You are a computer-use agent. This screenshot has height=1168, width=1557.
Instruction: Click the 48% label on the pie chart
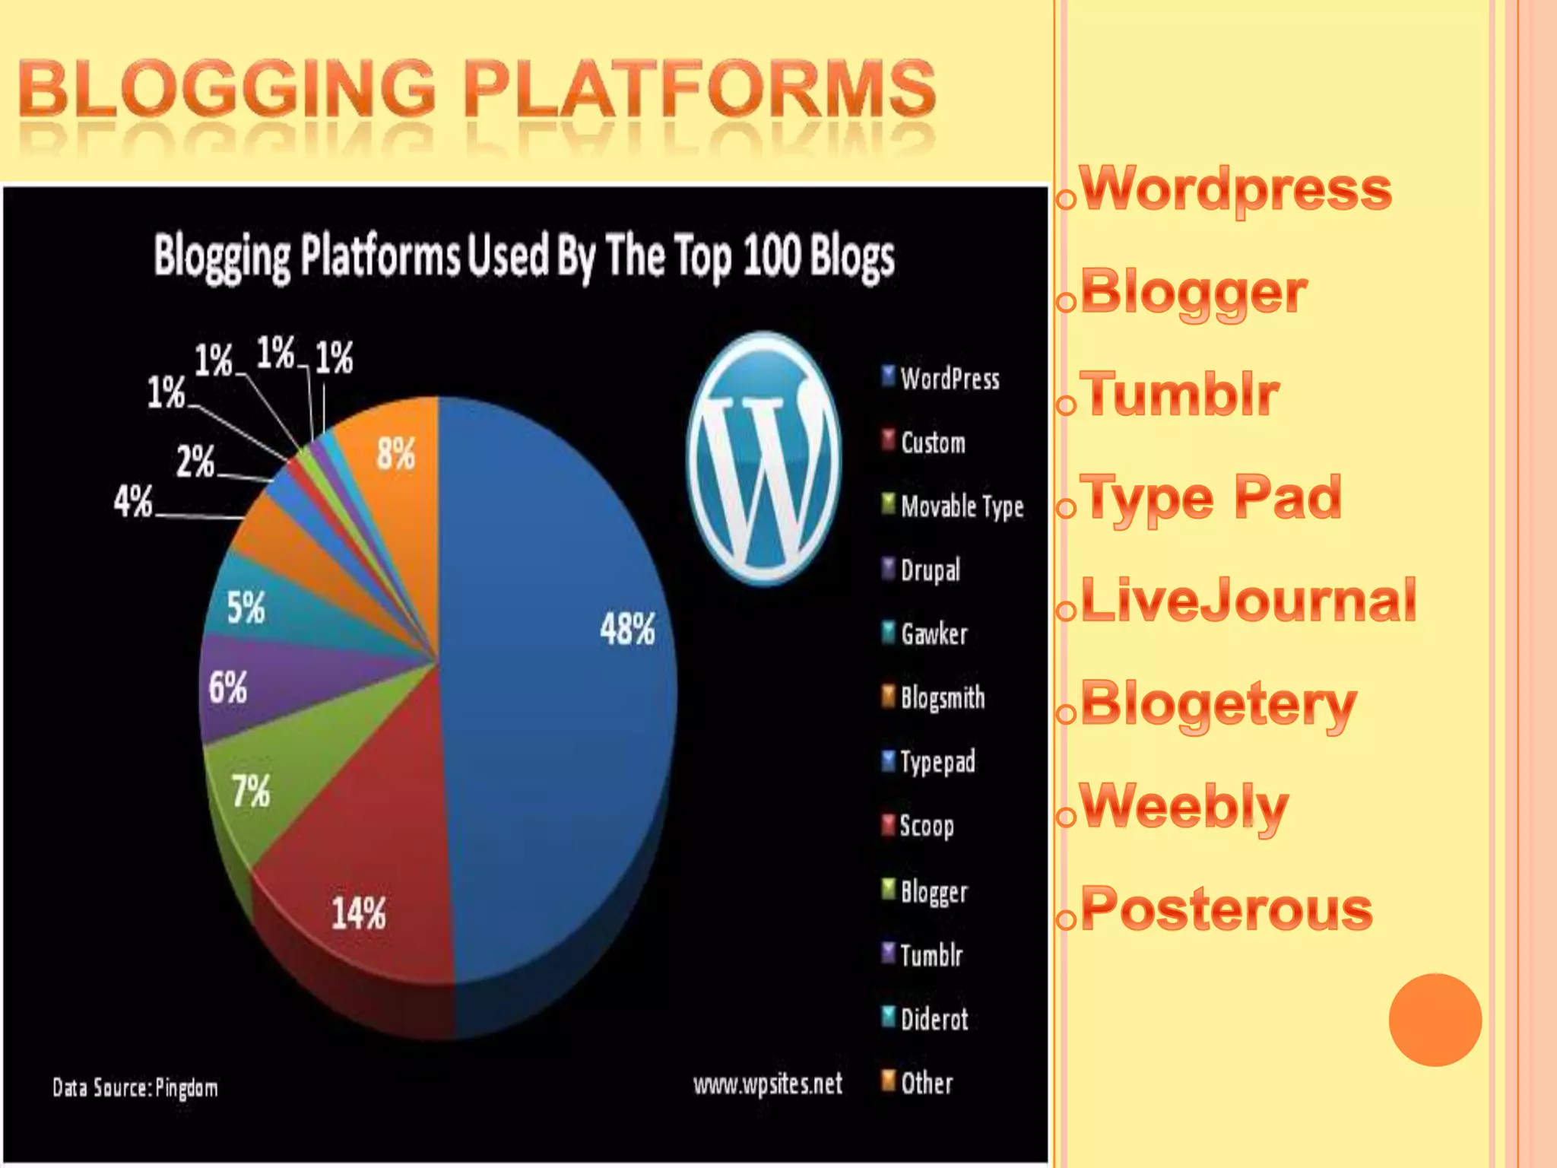627,630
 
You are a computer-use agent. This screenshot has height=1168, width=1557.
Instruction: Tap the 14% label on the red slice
359,912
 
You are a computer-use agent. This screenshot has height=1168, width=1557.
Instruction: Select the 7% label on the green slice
251,791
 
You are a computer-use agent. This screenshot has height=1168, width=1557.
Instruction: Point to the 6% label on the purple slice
228,687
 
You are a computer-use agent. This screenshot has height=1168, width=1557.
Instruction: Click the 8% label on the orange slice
396,455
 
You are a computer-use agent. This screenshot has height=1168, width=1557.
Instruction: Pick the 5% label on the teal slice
246,608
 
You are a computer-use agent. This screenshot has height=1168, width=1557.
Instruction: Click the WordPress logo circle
763,459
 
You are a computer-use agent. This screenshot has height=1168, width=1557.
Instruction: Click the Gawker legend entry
934,633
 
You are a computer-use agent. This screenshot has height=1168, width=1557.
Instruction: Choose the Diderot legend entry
934,1019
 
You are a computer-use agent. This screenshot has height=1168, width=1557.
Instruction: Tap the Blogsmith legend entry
942,697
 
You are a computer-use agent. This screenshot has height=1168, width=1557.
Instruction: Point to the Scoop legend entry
926,826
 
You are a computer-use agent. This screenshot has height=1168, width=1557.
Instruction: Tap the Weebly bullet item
1184,806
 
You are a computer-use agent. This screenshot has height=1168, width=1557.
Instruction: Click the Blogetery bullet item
1218,704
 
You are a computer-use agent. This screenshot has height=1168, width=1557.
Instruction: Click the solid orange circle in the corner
1435,1019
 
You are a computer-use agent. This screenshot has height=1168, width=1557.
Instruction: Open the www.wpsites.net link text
767,1084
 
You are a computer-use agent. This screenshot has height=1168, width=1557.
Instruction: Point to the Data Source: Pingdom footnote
135,1088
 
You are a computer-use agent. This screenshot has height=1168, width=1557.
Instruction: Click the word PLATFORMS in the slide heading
699,89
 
